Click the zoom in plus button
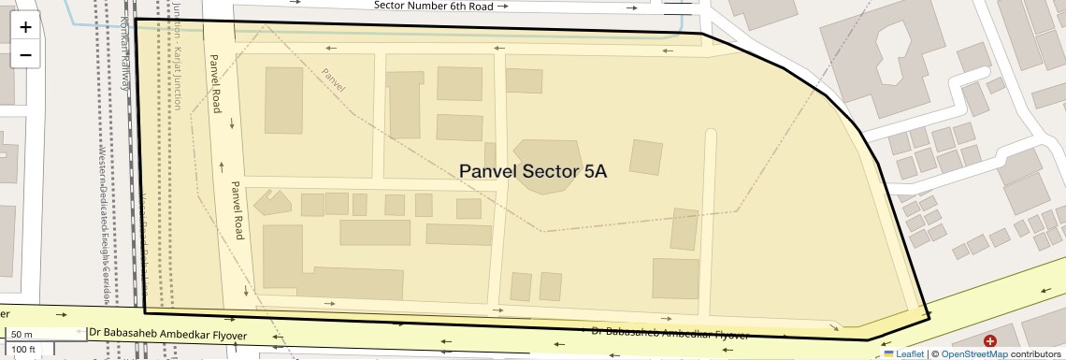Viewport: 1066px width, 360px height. (25, 27)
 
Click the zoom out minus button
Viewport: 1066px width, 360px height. (25, 54)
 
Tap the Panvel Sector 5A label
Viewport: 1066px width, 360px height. (533, 171)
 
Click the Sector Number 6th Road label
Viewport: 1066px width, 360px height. (433, 6)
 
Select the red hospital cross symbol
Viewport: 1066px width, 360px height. (989, 342)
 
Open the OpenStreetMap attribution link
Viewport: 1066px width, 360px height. (974, 353)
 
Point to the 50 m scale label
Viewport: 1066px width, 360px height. (22, 334)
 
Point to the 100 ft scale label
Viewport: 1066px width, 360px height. (24, 350)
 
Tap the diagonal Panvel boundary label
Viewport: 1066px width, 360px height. (333, 79)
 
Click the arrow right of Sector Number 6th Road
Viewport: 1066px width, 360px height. (504, 6)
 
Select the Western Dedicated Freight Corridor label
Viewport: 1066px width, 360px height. (105, 224)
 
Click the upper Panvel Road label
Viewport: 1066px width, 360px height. (215, 83)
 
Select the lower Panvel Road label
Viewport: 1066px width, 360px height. (238, 209)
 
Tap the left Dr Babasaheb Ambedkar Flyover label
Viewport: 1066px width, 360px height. (168, 334)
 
